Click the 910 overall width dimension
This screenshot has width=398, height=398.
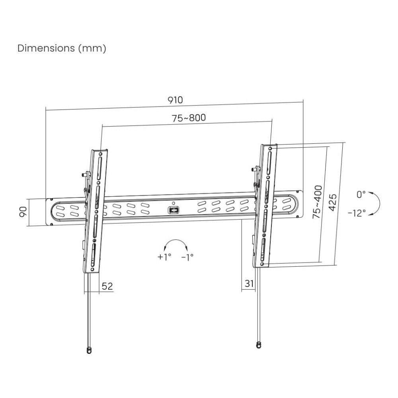[x=175, y=100]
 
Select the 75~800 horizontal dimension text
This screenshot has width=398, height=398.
[x=189, y=118]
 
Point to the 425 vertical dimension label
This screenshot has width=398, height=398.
[x=333, y=204]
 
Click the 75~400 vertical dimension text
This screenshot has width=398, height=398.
[x=317, y=201]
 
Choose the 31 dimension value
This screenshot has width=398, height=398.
[x=249, y=283]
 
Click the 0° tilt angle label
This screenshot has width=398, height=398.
[x=361, y=195]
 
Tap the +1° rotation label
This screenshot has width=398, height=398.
[x=164, y=257]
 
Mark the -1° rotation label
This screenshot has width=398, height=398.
[x=187, y=257]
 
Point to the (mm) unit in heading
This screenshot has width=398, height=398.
[x=92, y=48]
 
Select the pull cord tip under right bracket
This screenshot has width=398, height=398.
[x=259, y=344]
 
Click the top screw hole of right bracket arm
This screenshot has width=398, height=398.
[x=271, y=148]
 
